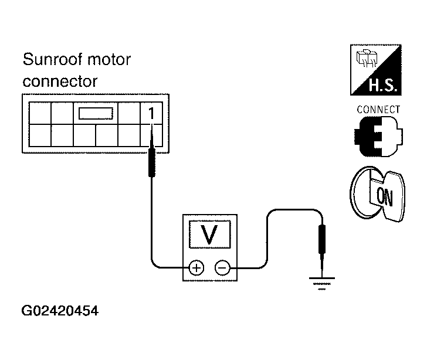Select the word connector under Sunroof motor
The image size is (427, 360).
[60, 81]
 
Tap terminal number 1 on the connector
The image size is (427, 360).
[151, 113]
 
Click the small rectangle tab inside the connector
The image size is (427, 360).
[96, 113]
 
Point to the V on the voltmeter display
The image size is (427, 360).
[210, 235]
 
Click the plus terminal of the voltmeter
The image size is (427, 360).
[196, 268]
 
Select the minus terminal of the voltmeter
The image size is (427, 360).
[222, 268]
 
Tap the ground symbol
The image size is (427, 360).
[321, 283]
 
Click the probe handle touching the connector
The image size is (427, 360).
[152, 162]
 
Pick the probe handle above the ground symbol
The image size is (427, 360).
[322, 239]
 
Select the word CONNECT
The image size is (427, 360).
[378, 110]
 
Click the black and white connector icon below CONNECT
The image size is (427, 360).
[378, 137]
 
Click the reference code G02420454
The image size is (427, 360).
[60, 311]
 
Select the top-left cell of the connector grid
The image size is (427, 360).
[40, 113]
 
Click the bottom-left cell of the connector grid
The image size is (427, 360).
[40, 135]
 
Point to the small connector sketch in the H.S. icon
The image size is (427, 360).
[367, 58]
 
